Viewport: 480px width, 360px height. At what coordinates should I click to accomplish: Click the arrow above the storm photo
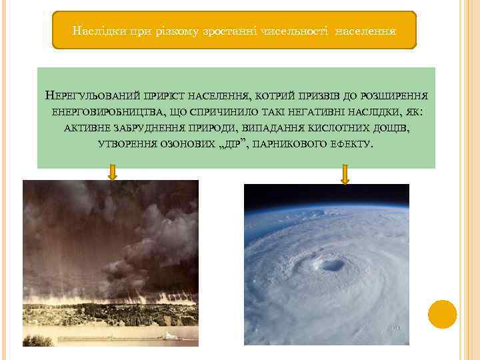coord(112,173)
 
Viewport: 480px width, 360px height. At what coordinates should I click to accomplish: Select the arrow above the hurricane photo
coord(345,174)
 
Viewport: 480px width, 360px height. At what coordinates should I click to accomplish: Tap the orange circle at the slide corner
coord(442,314)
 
